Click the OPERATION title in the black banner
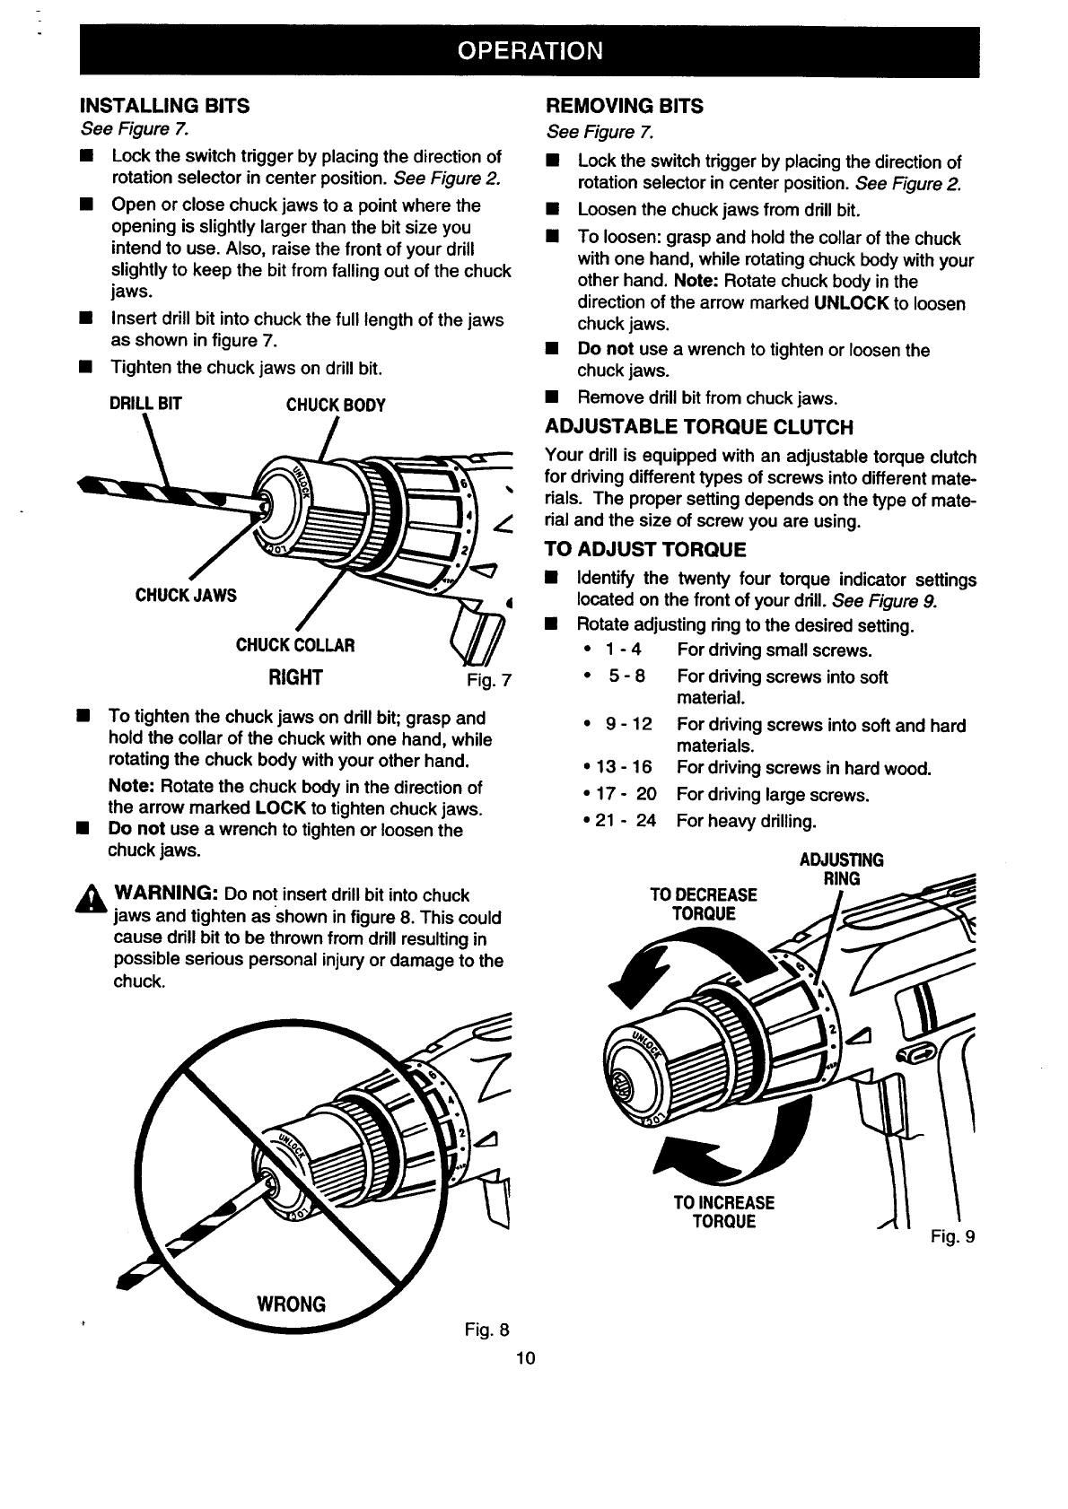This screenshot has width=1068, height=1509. (530, 49)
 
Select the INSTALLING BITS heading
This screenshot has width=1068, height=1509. (165, 106)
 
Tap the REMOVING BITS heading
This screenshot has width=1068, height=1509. (625, 106)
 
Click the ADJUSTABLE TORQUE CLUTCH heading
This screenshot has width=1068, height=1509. (699, 427)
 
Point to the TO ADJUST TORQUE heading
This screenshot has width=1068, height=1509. (645, 549)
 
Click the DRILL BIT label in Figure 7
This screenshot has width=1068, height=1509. (145, 405)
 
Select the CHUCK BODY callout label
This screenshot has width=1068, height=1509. (336, 406)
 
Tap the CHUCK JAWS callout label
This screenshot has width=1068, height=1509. (186, 596)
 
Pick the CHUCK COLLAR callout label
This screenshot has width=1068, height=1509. (295, 645)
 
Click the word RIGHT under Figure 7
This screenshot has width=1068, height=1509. (295, 676)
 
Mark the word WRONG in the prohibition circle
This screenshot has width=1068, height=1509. (292, 1304)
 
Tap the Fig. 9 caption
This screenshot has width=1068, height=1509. (952, 1237)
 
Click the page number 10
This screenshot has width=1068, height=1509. (525, 1358)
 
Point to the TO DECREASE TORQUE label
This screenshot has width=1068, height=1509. (704, 904)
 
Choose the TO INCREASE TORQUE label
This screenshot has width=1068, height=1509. (724, 1212)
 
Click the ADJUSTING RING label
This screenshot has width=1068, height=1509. (841, 868)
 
